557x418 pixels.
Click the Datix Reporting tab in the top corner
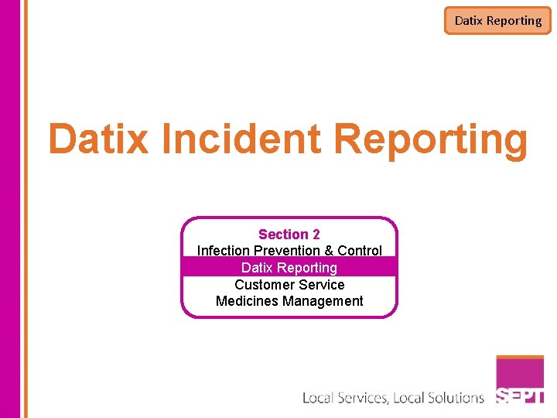497,21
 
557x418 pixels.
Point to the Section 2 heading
289,234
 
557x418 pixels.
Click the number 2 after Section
316,234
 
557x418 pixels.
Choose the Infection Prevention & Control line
289,251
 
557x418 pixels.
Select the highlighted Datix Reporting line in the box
289,268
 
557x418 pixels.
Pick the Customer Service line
289,284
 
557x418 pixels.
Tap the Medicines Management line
289,301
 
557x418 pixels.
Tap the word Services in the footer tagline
363,398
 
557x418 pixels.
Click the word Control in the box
360,251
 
